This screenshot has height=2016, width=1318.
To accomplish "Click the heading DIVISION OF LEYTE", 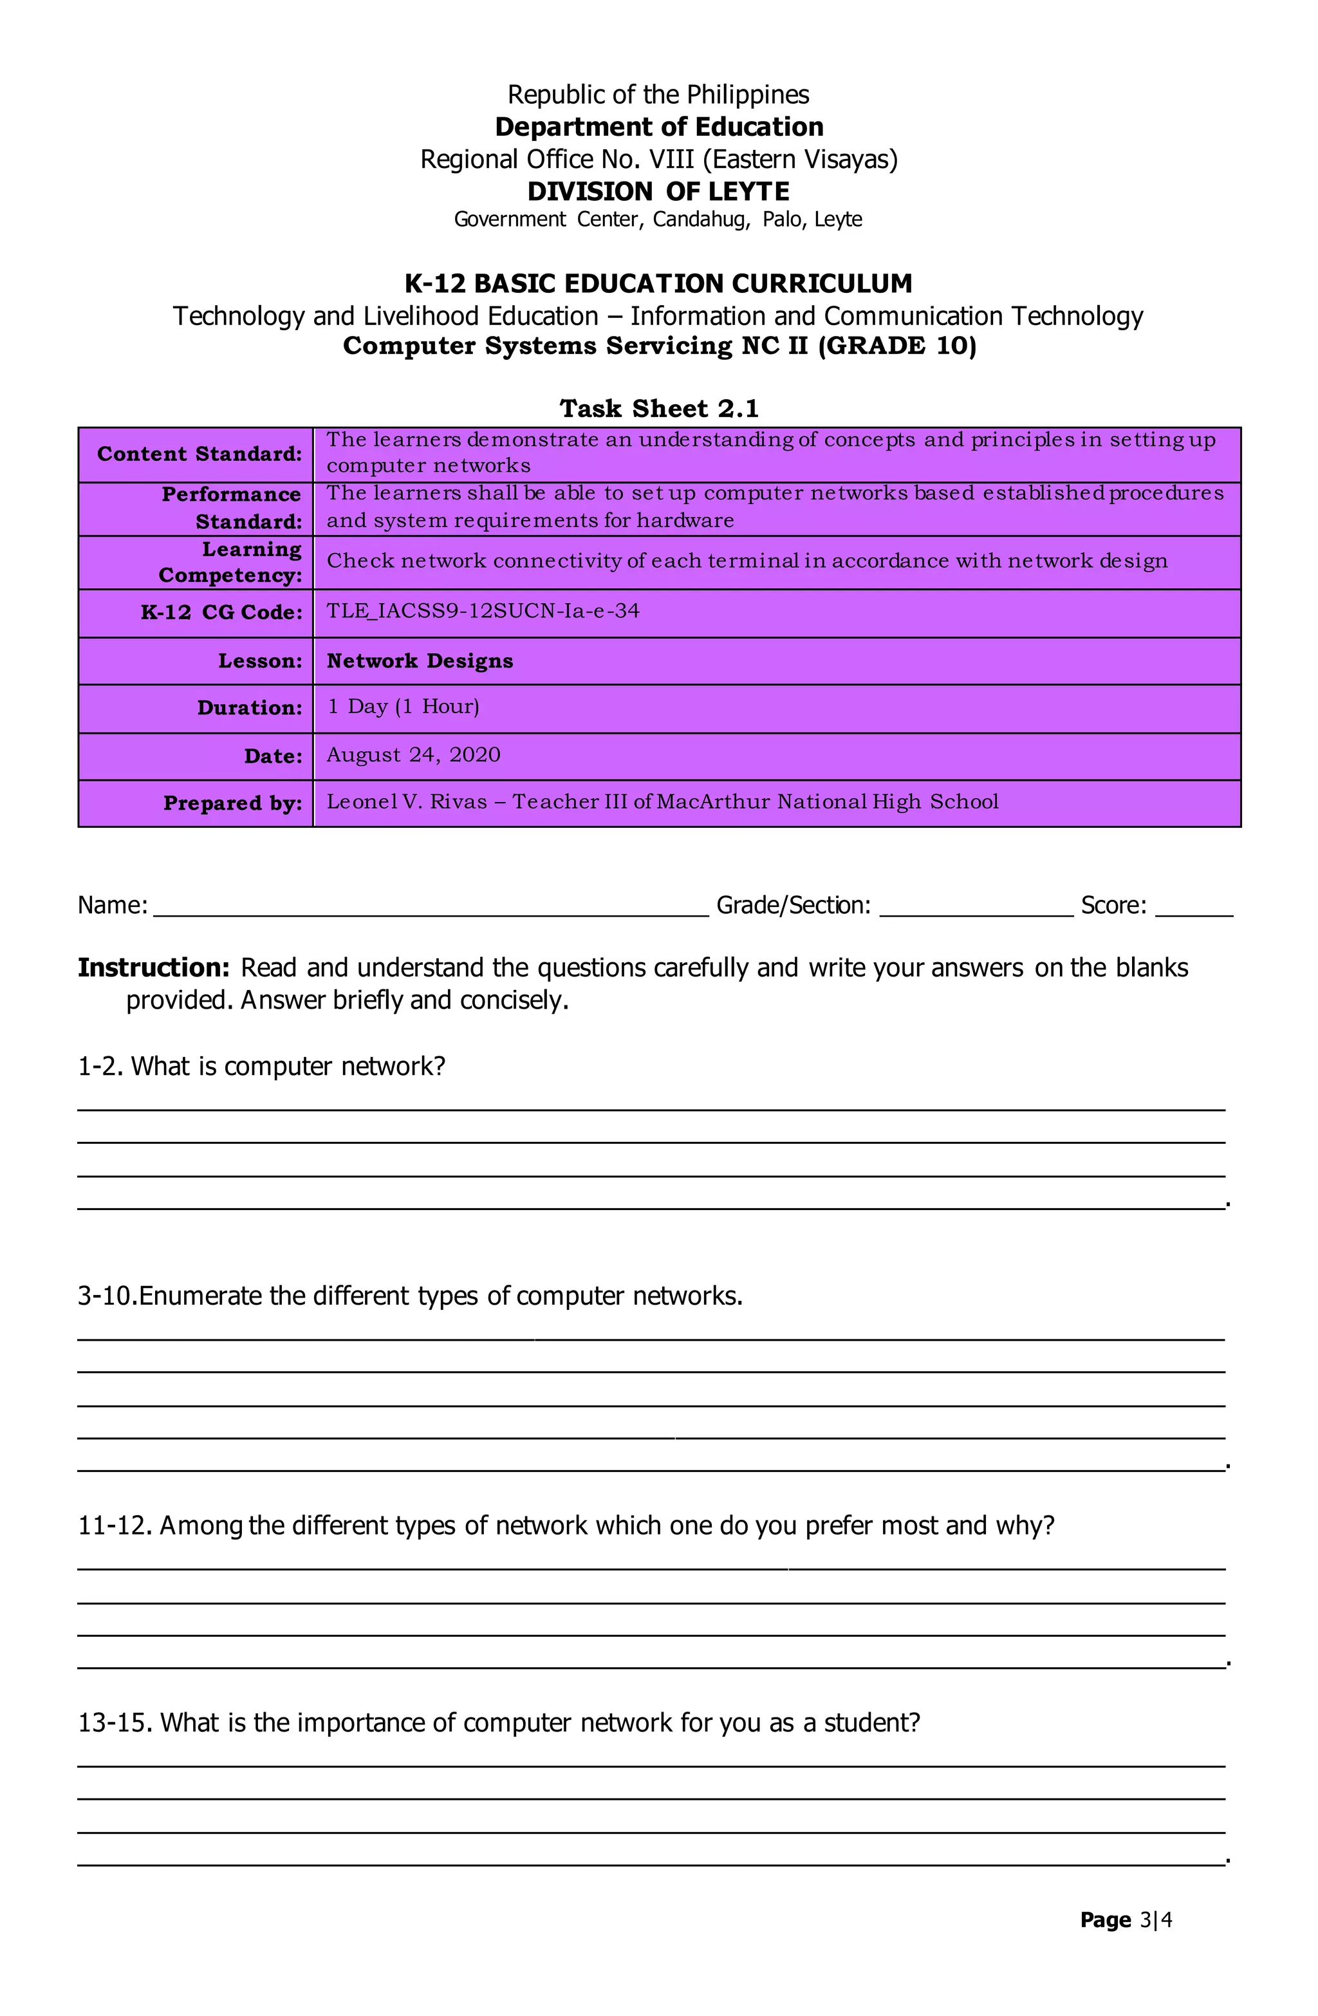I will point(658,191).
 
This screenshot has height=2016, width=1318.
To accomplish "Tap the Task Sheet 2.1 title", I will point(658,408).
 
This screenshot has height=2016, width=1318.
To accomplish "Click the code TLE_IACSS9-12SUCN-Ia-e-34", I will point(483,611).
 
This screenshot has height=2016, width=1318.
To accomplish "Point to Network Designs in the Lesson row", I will point(420,660).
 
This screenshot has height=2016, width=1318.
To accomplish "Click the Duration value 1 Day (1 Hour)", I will point(404,707).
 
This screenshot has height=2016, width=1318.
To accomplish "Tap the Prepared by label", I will point(232,803).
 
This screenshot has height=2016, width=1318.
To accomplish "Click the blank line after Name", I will point(431,908).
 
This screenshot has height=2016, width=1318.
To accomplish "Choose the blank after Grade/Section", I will point(976,908).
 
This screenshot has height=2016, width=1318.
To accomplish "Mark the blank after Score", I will point(1194,908).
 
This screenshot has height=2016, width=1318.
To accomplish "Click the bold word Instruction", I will point(153,967).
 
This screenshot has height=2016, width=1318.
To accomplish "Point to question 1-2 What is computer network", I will point(262,1065).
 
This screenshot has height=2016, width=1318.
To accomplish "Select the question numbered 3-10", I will point(410,1295).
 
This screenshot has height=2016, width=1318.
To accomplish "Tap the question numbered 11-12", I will point(566,1525).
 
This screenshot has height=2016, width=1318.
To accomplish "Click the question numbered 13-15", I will point(499,1722).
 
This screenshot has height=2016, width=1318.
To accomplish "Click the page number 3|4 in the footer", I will point(1155,1919).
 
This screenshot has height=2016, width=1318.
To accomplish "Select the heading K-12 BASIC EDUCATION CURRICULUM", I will point(658,283).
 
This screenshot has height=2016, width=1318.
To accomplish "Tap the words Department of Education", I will point(658,127).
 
